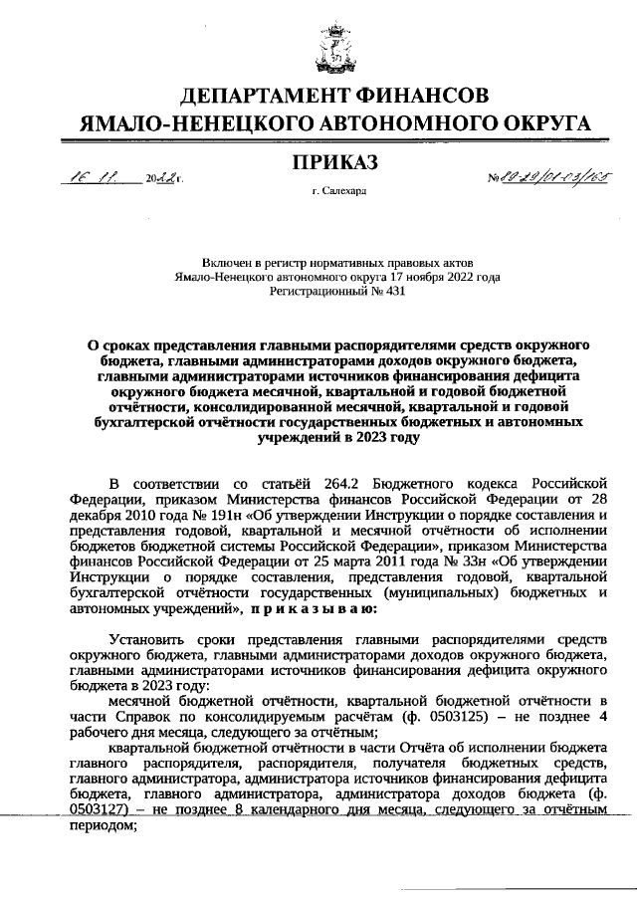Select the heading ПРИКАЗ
[337, 161]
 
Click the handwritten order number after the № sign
[545, 179]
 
